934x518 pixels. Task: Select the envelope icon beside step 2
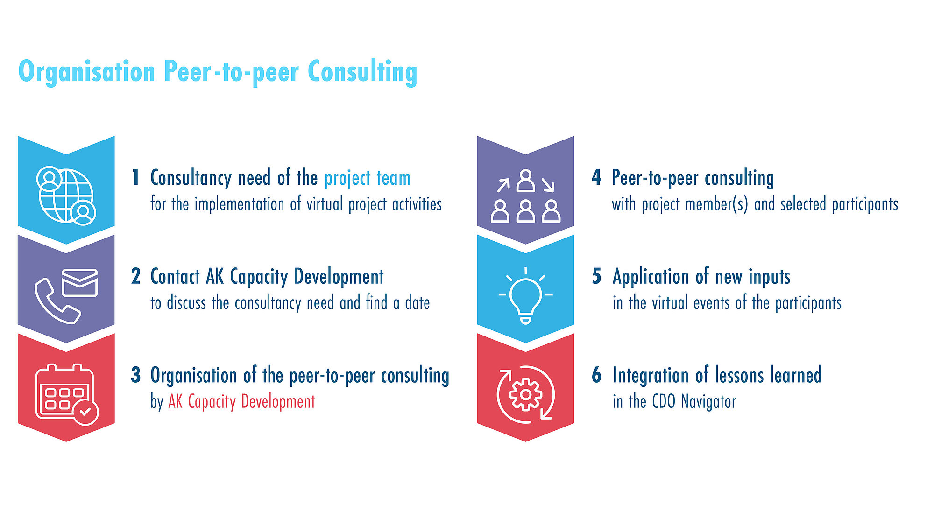click(80, 282)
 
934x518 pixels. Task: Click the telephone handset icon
click(56, 301)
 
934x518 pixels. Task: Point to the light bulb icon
click(525, 296)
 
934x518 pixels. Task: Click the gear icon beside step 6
click(525, 394)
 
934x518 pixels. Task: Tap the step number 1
click(136, 178)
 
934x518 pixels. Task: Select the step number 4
click(596, 178)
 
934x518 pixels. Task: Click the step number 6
click(597, 375)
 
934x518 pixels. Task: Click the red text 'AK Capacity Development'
click(242, 402)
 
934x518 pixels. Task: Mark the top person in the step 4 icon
click(526, 181)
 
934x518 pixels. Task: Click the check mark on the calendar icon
click(85, 412)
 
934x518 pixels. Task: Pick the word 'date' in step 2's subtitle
click(417, 303)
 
